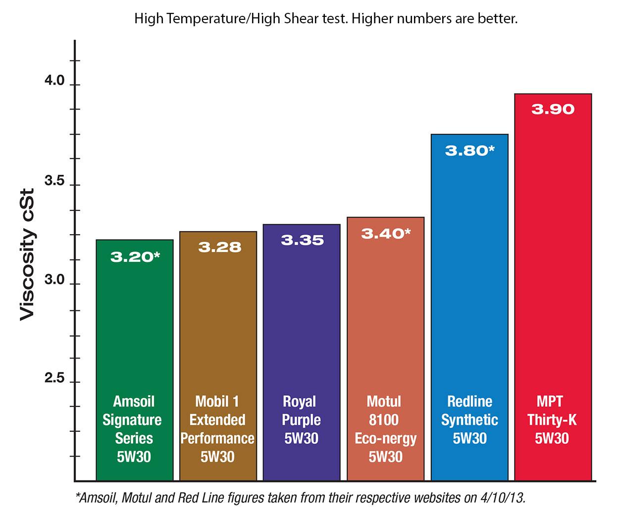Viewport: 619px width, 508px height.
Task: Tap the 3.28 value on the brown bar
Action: [219, 247]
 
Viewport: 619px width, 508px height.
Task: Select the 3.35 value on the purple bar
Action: [302, 240]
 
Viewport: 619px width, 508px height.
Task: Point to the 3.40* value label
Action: [386, 233]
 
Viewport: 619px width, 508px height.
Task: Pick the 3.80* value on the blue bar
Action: [469, 150]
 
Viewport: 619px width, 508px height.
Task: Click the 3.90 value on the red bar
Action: [553, 109]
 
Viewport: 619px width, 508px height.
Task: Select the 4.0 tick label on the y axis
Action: [54, 81]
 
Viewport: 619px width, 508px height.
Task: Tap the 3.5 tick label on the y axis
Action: [54, 181]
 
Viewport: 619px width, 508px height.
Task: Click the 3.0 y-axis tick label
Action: [54, 280]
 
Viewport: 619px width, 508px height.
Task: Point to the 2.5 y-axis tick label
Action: [54, 379]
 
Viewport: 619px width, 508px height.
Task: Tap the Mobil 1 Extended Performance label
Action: [217, 429]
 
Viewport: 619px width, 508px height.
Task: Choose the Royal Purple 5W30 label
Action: [301, 420]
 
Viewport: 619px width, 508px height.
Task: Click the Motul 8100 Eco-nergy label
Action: [385, 429]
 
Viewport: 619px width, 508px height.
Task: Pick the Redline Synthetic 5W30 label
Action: [469, 420]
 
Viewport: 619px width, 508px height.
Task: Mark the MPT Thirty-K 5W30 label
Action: [552, 420]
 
